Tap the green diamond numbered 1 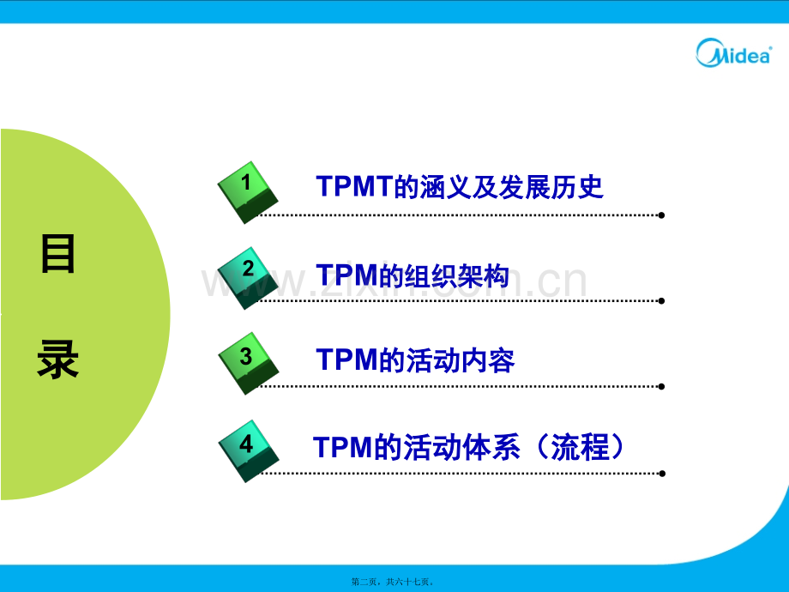(248, 190)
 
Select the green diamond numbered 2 (248, 276)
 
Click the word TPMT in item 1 (354, 186)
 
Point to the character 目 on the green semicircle (58, 255)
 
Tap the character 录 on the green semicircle (58, 360)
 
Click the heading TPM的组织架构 (413, 275)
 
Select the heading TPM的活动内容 (415, 360)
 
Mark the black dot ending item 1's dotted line (661, 215)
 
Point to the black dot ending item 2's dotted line (661, 301)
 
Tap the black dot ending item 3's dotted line (661, 386)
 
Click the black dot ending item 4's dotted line (661, 473)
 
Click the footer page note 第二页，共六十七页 (394, 581)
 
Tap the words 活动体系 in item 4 (469, 447)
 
